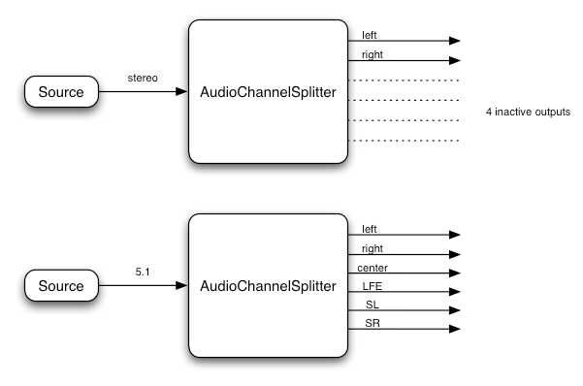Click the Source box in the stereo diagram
pyautogui.click(x=60, y=92)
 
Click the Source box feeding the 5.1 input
pyautogui.click(x=60, y=286)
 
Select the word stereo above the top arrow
pyautogui.click(x=143, y=78)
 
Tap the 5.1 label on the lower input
pyautogui.click(x=143, y=272)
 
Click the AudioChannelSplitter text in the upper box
pyautogui.click(x=268, y=92)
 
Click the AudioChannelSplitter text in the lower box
pyautogui.click(x=268, y=286)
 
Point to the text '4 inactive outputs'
pyautogui.click(x=528, y=113)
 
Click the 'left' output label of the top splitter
pyautogui.click(x=369, y=34)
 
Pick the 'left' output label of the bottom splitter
pyautogui.click(x=369, y=228)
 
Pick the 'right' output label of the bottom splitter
pyautogui.click(x=371, y=247)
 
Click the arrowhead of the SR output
pyautogui.click(x=453, y=329)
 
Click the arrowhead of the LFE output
pyautogui.click(x=453, y=291)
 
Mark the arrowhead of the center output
pyautogui.click(x=453, y=273)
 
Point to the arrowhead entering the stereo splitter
pyautogui.click(x=181, y=92)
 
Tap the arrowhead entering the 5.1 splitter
pyautogui.click(x=181, y=286)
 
